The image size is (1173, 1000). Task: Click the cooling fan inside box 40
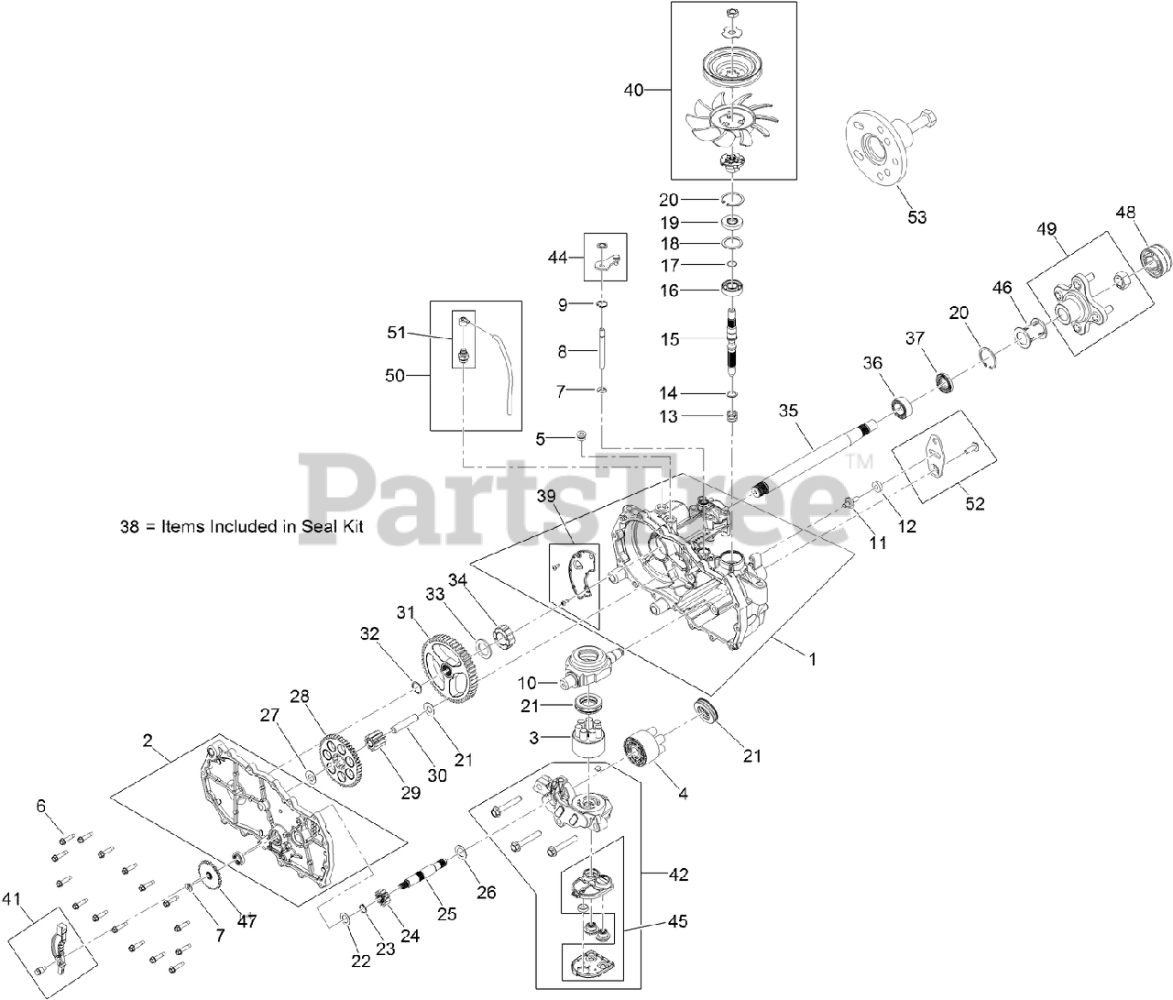pos(729,120)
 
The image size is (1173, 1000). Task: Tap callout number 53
pos(916,217)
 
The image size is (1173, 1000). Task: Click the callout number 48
pos(1126,213)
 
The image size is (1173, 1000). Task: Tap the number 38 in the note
pos(129,527)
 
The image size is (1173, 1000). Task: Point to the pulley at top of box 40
pos(733,66)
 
